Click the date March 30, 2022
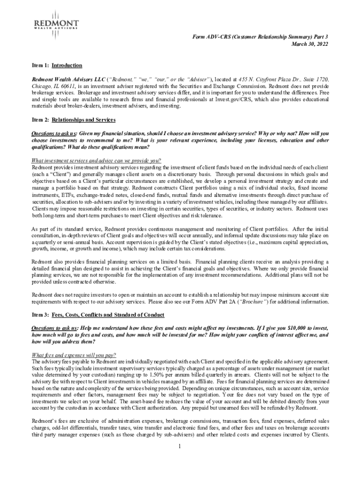click(x=310, y=44)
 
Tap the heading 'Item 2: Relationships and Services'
click(x=74, y=120)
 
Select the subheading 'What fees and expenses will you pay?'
click(x=73, y=355)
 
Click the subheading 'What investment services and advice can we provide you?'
click(x=96, y=160)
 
